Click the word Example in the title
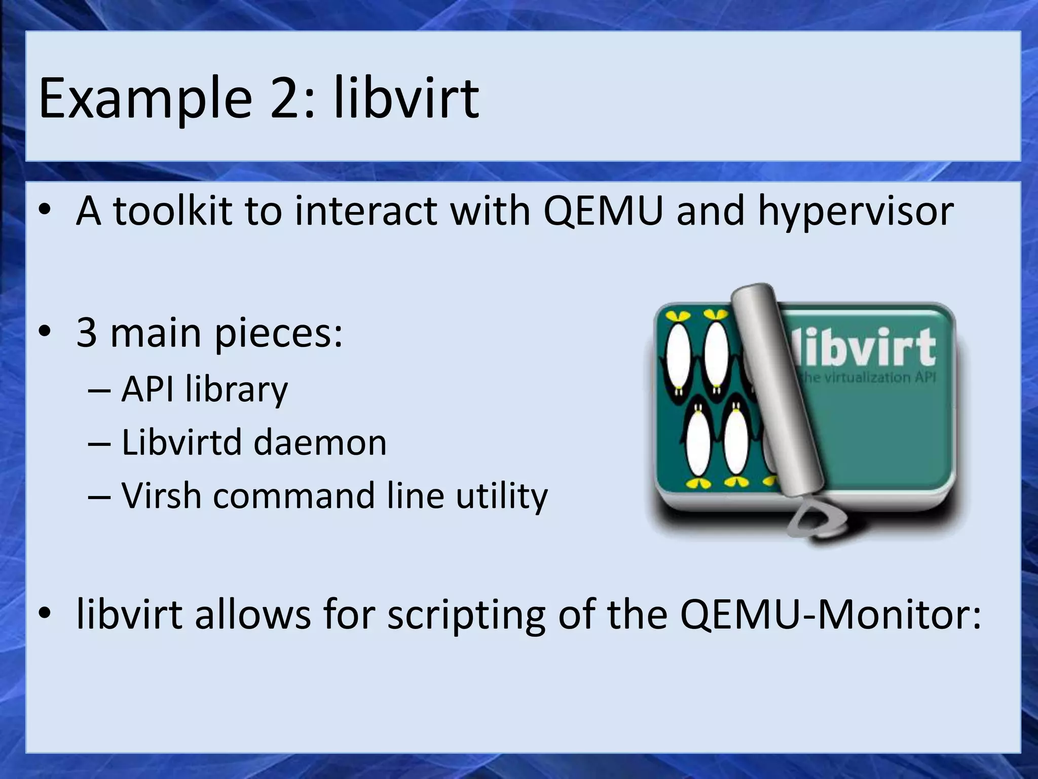click(144, 98)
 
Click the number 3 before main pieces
click(87, 333)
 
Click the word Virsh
click(160, 495)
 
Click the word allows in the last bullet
click(253, 614)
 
